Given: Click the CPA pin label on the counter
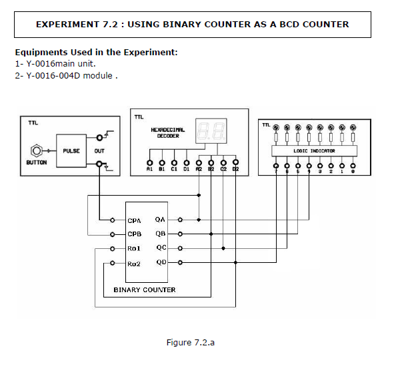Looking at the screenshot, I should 134,220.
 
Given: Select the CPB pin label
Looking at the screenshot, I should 134,234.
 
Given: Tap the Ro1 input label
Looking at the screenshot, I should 134,249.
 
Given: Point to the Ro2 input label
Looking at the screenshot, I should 134,264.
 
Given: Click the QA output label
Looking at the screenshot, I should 160,219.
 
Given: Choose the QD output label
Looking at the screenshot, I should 160,262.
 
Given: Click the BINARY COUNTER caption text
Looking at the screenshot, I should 145,290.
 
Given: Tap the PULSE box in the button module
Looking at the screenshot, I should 71,151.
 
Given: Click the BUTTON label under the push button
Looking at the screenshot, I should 37,163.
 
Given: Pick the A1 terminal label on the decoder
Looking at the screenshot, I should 149,170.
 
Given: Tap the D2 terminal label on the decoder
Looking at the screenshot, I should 235,170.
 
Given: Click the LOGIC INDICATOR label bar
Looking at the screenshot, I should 314,151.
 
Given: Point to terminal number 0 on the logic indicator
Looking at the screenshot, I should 353,171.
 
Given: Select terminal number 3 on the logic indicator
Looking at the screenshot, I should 320,171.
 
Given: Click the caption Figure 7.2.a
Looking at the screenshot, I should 191,343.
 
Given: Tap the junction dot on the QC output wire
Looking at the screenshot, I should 223,248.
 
